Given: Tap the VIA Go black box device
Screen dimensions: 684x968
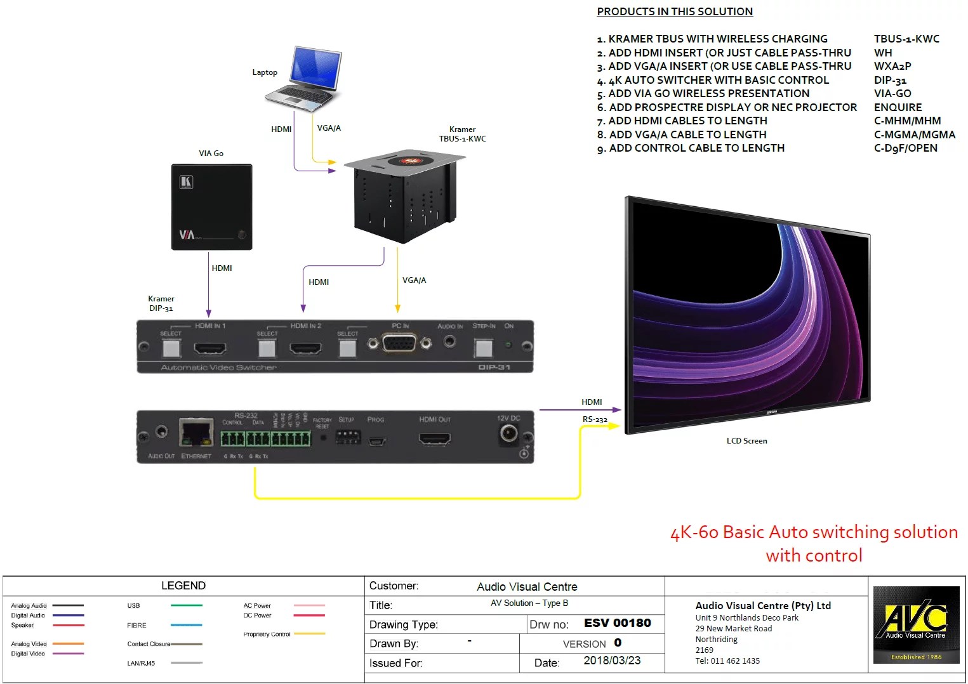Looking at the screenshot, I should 211,207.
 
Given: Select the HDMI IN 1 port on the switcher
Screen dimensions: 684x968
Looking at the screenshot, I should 209,348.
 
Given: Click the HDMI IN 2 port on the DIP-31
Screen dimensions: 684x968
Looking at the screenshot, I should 305,348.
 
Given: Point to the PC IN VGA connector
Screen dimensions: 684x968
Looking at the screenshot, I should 399,343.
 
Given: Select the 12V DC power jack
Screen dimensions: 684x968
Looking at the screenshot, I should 508,433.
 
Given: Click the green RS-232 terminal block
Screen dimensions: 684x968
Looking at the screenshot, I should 266,438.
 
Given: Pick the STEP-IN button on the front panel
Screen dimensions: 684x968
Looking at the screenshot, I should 484,347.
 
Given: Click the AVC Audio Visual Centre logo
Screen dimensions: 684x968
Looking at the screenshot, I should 916,625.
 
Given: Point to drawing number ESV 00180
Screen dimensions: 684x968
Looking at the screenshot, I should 617,623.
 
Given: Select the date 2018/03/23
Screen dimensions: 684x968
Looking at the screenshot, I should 611,661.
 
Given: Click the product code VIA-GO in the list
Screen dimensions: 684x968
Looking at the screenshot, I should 892,93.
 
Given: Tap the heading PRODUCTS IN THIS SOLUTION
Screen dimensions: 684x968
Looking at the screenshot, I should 675,11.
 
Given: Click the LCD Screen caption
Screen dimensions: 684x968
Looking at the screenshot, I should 746,441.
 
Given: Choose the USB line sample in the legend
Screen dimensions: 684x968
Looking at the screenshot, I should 187,606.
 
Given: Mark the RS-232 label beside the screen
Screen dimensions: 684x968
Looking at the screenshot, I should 595,419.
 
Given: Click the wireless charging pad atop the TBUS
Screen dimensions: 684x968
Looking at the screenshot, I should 409,161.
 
